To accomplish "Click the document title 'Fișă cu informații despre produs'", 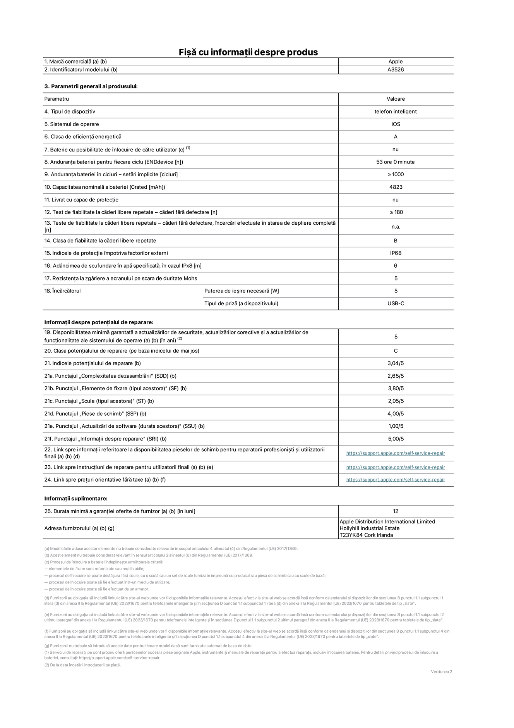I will click(248, 52).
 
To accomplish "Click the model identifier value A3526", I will click(396, 70).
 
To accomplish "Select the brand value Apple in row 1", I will click(396, 62).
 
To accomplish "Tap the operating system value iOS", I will click(396, 124).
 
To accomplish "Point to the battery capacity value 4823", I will click(396, 187).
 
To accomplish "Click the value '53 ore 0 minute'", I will click(395, 162).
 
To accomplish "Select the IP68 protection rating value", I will click(396, 253).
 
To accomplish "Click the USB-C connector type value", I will click(396, 303).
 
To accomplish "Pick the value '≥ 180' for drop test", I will click(396, 212).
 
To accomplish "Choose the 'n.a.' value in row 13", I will click(396, 227).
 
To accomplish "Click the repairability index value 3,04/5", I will click(396, 363).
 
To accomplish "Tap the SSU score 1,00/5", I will click(396, 426).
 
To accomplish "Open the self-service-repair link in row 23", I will click(396, 467).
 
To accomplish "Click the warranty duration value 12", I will click(396, 511).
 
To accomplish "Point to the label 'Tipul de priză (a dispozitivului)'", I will click(241, 303).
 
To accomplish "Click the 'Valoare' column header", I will click(396, 99).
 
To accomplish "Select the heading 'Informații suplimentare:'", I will click(76, 499).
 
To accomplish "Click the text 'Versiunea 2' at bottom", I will click(441, 672).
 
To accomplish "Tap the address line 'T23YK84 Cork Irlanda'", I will click(366, 535).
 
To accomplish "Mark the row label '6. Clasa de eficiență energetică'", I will click(83, 137).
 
